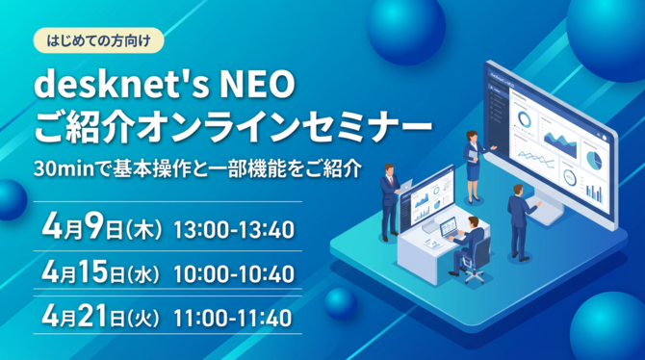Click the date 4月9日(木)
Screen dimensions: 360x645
point(100,228)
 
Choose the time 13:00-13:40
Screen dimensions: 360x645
point(234,230)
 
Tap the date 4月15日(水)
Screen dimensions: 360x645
point(106,272)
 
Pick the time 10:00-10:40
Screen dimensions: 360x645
point(234,274)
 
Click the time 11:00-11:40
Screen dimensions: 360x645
point(234,316)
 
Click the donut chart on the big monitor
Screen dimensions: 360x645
point(524,120)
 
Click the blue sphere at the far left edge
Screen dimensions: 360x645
point(9,199)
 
